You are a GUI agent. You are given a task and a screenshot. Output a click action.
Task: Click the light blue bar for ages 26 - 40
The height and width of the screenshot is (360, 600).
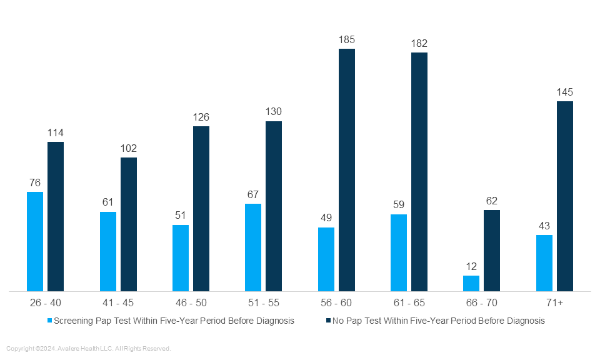(x=35, y=241)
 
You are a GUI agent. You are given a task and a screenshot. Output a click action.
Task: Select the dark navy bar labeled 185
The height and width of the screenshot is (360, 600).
(x=347, y=170)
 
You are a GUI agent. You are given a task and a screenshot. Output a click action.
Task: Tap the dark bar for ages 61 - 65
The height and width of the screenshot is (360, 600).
(x=419, y=172)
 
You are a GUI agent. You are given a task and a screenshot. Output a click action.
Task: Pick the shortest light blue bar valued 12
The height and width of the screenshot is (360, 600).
(x=471, y=283)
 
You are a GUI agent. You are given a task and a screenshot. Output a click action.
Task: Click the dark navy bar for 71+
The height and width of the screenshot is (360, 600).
(x=565, y=196)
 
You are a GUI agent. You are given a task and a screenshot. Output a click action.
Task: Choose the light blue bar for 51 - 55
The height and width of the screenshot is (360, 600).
(x=253, y=247)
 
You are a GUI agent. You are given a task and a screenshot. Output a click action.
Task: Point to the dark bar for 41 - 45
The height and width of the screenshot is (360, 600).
(x=129, y=224)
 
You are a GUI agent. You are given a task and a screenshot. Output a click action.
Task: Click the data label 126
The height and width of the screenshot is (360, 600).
(x=201, y=117)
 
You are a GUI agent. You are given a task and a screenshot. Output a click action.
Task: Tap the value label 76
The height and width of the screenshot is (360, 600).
(x=35, y=182)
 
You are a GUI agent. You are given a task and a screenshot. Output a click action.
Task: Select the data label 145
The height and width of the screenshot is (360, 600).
(x=565, y=92)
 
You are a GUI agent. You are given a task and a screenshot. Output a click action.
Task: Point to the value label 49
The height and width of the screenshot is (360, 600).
(x=326, y=217)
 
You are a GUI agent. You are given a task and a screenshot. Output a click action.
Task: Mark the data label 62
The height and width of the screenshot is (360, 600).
(x=492, y=201)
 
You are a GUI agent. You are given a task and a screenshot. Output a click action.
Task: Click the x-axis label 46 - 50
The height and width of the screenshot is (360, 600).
(x=191, y=303)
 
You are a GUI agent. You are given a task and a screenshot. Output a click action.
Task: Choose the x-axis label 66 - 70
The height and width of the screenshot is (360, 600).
(x=481, y=303)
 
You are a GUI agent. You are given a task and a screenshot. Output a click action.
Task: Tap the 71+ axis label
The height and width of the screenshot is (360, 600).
(x=554, y=303)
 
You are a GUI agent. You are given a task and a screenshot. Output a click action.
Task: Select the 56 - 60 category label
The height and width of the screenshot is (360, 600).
(x=336, y=303)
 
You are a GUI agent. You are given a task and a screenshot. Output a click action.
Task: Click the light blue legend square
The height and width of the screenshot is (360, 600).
(x=50, y=321)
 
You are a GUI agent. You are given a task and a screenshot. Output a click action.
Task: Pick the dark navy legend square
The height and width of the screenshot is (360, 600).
(x=327, y=321)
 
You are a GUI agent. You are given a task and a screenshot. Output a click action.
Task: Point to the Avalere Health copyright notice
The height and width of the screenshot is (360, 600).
(x=88, y=349)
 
